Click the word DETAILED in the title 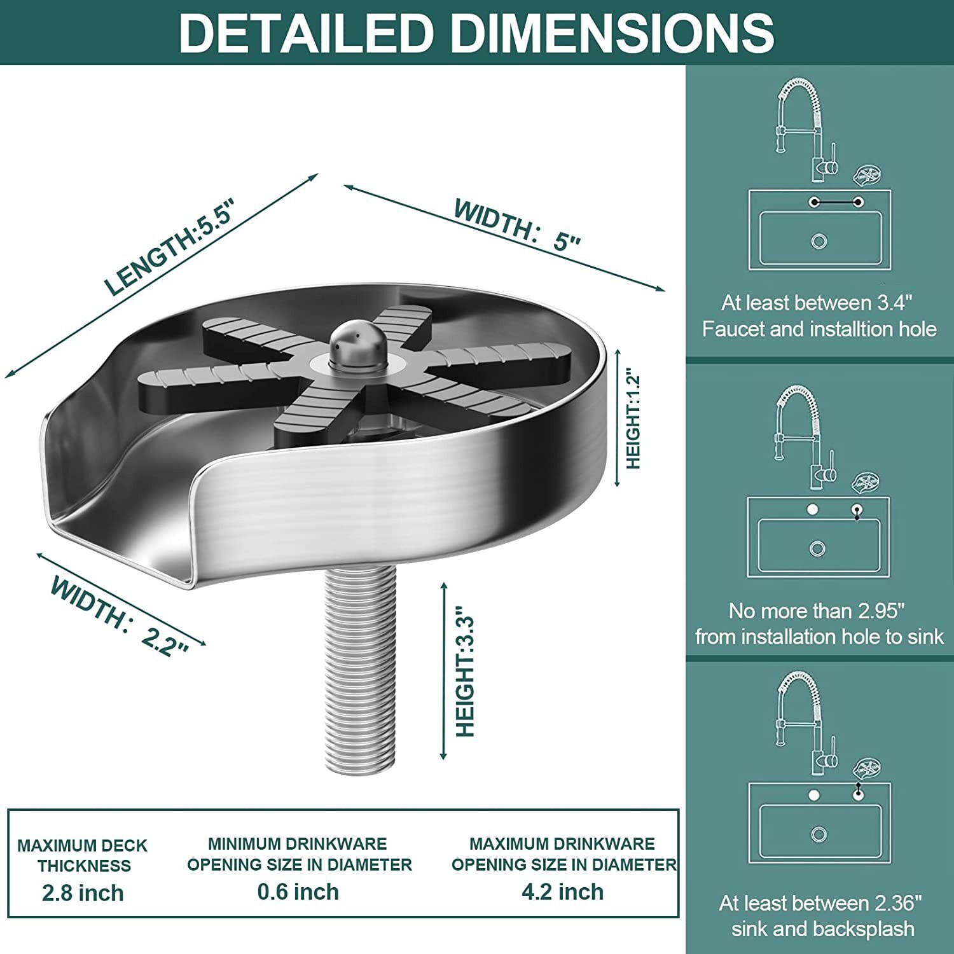pos(306,32)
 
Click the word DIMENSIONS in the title pos(612,32)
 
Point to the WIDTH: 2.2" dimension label pos(119,616)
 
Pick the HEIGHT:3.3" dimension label pos(466,676)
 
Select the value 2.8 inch pos(83,893)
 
